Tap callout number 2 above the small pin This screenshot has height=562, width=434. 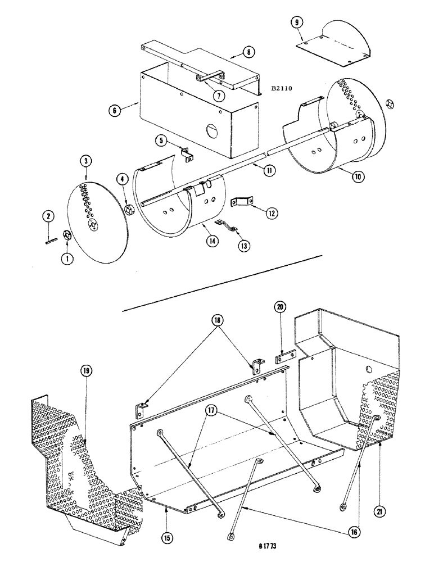[48, 216]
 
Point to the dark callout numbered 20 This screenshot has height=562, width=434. [281, 307]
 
